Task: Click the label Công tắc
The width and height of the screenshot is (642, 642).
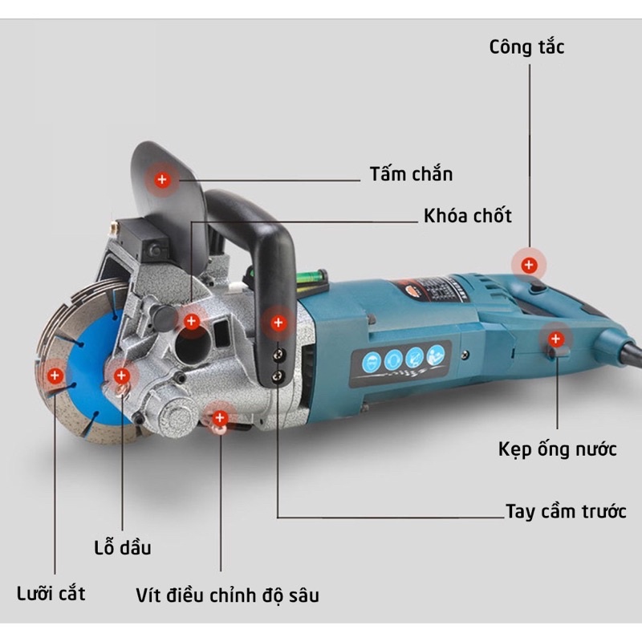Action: [x=526, y=47]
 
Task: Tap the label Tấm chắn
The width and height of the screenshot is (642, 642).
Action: [x=411, y=173]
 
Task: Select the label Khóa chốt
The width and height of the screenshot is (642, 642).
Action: [x=468, y=215]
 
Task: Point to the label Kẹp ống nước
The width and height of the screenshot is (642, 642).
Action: [x=557, y=449]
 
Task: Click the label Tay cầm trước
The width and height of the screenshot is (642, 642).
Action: [x=566, y=511]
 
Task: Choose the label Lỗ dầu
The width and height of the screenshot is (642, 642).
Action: [x=123, y=547]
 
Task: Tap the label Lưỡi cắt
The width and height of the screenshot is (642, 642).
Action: [x=51, y=593]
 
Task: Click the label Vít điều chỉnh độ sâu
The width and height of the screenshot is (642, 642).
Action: [x=227, y=595]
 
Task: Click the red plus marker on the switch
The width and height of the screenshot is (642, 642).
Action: [x=529, y=265]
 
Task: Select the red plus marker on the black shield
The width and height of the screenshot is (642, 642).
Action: [x=162, y=179]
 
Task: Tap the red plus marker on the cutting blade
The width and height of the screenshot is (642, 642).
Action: [x=55, y=376]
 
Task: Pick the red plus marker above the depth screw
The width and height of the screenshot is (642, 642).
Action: [x=220, y=418]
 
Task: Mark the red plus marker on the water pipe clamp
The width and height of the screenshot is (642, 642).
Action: [x=555, y=339]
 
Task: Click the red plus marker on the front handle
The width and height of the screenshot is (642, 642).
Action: [x=278, y=323]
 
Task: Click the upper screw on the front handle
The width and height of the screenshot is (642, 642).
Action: [x=278, y=355]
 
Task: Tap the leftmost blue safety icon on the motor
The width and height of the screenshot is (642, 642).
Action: [x=372, y=362]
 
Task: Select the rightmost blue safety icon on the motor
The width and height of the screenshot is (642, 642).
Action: [x=436, y=355]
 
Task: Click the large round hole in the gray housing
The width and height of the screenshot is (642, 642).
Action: [x=193, y=346]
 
